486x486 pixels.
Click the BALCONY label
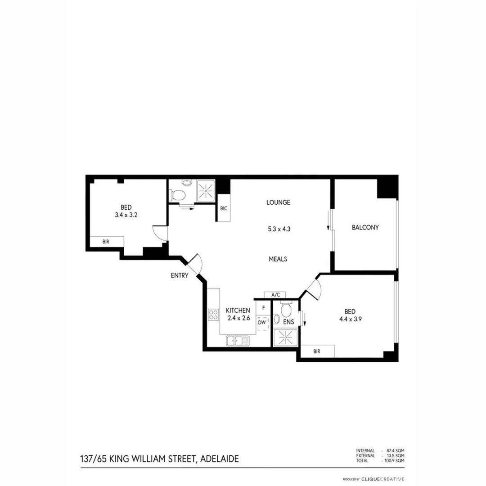pyautogui.click(x=365, y=228)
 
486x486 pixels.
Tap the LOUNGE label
pyautogui.click(x=278, y=202)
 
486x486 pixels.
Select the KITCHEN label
pyautogui.click(x=238, y=310)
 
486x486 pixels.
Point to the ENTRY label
pyautogui.click(x=180, y=276)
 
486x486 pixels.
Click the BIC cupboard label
pyautogui.click(x=224, y=208)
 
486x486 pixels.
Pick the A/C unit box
pyautogui.click(x=275, y=295)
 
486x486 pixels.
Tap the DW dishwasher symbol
pyautogui.click(x=262, y=322)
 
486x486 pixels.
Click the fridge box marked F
pyautogui.click(x=263, y=309)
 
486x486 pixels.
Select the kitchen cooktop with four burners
pyautogui.click(x=213, y=315)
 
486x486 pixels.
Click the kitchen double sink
pyautogui.click(x=238, y=341)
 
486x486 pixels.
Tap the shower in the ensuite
pyautogui.click(x=285, y=337)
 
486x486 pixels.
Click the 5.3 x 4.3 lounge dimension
pyautogui.click(x=279, y=229)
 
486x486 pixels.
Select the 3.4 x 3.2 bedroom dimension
pyautogui.click(x=126, y=215)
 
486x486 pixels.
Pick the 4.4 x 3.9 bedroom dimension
pyautogui.click(x=350, y=319)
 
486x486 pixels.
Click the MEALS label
pyautogui.click(x=278, y=259)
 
